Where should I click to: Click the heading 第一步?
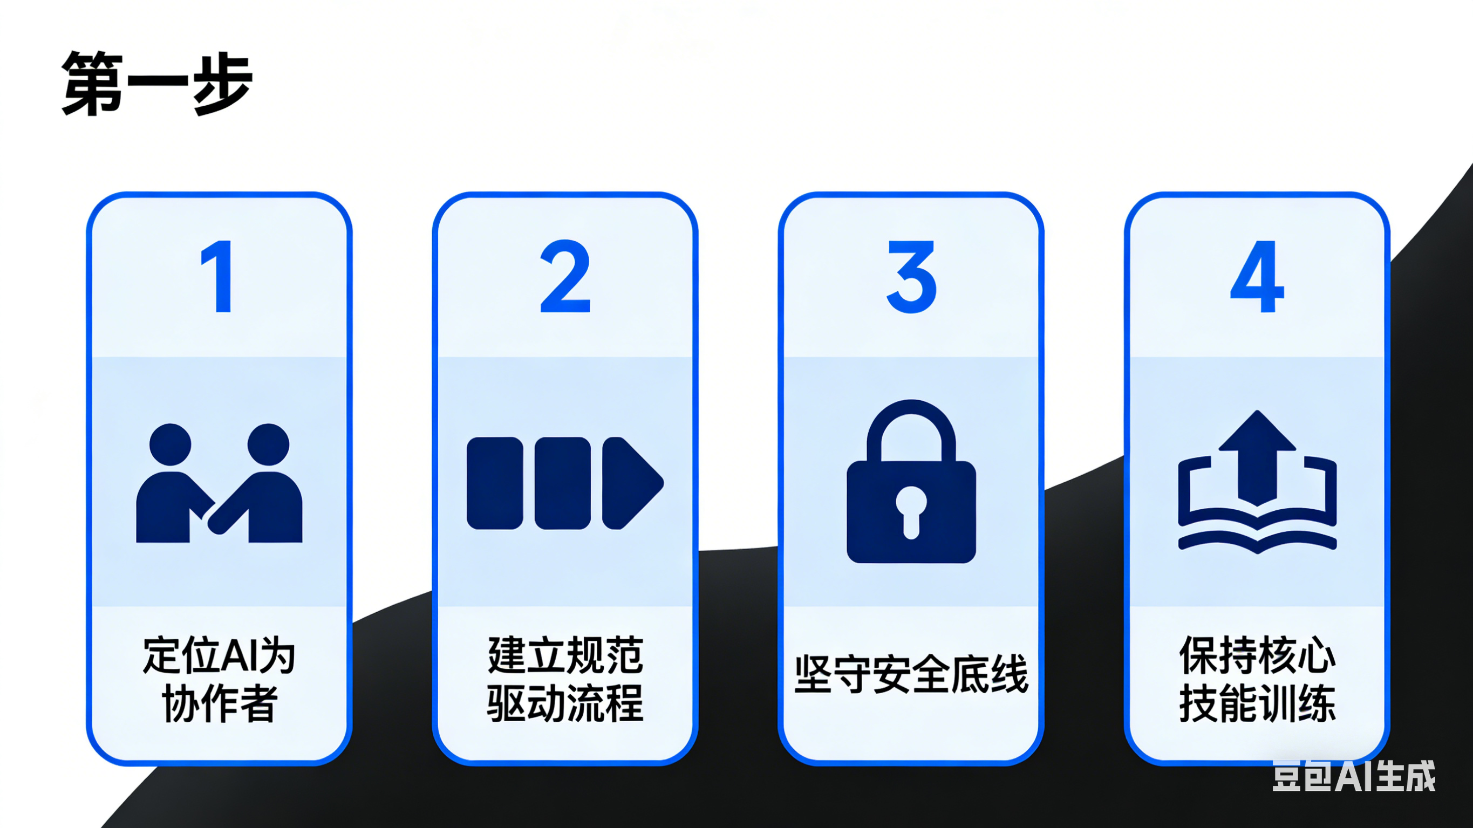156,84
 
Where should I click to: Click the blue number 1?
218,277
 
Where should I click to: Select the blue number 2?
565,277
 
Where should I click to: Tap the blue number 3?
911,277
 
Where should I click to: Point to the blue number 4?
1257,277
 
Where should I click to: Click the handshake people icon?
219,484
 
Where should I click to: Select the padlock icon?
911,482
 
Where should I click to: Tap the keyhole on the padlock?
911,510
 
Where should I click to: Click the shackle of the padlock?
911,418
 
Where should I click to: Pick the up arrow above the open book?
1257,455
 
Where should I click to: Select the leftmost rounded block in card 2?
495,483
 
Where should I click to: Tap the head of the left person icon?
171,444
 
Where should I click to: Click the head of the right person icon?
268,444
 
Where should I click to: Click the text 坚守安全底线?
911,675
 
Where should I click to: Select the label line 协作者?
220,703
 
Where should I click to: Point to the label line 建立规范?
565,655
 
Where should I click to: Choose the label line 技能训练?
1257,703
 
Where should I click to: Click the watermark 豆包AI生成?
1354,776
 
